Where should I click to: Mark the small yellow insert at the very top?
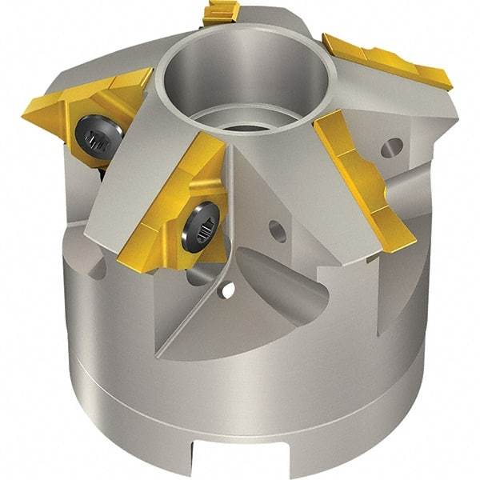222,12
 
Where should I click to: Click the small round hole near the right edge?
393,146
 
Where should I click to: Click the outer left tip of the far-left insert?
26,106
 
